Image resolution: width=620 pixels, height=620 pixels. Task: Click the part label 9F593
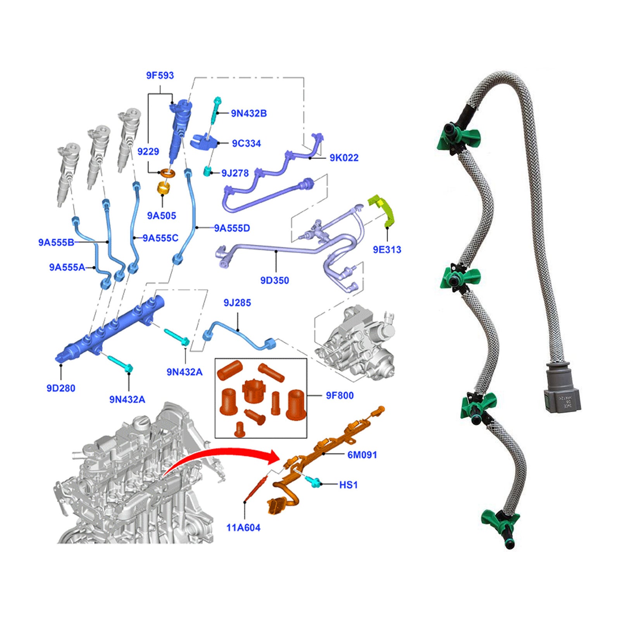pyautogui.click(x=160, y=76)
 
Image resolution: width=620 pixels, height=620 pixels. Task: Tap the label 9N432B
pyautogui.click(x=249, y=114)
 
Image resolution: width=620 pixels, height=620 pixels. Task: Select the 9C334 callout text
pyautogui.click(x=246, y=143)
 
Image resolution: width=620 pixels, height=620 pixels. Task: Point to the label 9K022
pyautogui.click(x=344, y=158)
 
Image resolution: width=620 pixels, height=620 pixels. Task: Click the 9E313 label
pyautogui.click(x=387, y=250)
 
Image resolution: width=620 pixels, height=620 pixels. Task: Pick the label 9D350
pyautogui.click(x=274, y=280)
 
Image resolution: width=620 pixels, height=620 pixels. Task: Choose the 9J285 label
pyautogui.click(x=237, y=303)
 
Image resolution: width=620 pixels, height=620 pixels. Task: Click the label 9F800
pyautogui.click(x=339, y=396)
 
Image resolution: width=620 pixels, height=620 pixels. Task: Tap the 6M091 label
pyautogui.click(x=362, y=455)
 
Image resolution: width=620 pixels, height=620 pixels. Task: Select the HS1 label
pyautogui.click(x=348, y=485)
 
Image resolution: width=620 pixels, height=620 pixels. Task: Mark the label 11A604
pyautogui.click(x=243, y=527)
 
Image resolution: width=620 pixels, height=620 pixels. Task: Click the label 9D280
pyautogui.click(x=61, y=388)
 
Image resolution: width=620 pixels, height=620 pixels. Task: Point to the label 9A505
pyautogui.click(x=162, y=216)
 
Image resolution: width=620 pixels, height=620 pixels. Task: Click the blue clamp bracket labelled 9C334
pyautogui.click(x=204, y=142)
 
